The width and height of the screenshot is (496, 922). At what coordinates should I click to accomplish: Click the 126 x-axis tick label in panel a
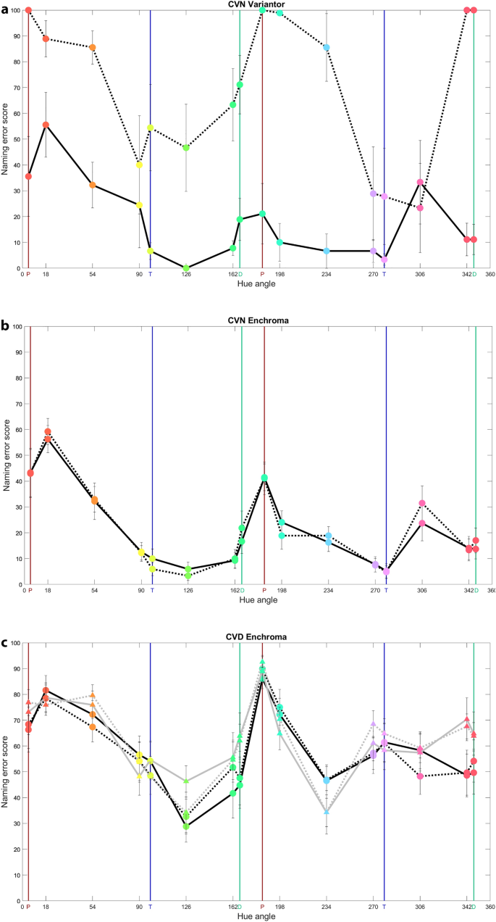pyautogui.click(x=186, y=275)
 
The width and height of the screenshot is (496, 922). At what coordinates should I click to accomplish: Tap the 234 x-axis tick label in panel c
pyautogui.click(x=327, y=907)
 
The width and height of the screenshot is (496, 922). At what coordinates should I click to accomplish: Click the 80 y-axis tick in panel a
pyautogui.click(x=16, y=62)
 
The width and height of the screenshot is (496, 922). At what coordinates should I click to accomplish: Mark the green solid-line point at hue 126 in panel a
pyautogui.click(x=186, y=267)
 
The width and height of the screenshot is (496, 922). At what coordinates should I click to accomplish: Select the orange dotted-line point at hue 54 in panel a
pyautogui.click(x=93, y=48)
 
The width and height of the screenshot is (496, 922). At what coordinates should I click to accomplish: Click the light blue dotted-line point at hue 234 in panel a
pyautogui.click(x=327, y=48)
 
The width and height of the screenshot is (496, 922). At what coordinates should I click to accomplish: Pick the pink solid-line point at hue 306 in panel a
pyautogui.click(x=420, y=182)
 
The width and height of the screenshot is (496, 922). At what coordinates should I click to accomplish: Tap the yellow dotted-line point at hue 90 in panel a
pyautogui.click(x=139, y=165)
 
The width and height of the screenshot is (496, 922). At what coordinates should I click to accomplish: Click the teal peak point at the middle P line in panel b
pyautogui.click(x=264, y=478)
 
